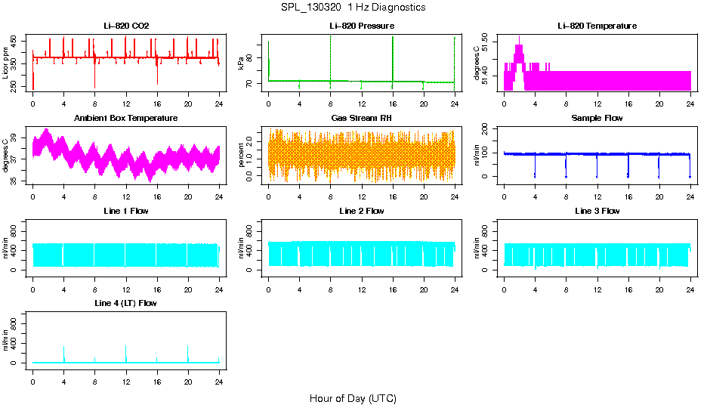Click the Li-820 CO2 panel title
coord(126,26)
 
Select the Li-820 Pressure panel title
coord(361,26)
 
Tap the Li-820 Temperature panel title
coord(597,26)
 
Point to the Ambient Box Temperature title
coord(126,119)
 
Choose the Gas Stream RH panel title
coord(361,119)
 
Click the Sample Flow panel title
coord(597,119)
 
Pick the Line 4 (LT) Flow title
coord(126,303)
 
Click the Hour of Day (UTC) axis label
coord(353,398)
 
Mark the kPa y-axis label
coord(242,63)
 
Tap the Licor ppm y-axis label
coord(6,63)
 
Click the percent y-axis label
coord(242,156)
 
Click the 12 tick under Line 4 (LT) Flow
coord(125,373)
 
